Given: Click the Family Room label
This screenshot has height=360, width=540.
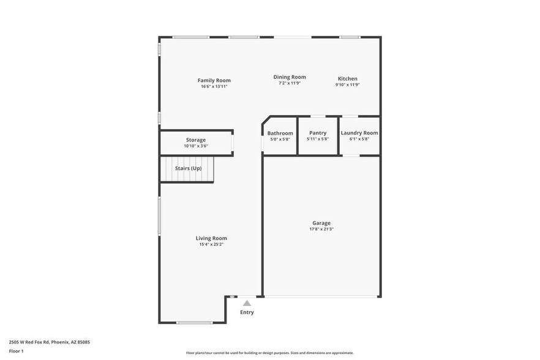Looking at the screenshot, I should pos(214,80).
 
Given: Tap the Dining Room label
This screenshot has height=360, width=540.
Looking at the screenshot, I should pos(290,77).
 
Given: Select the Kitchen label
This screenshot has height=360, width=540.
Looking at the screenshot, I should pos(348,78).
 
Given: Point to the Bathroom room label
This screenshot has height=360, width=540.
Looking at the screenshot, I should pos(280,133).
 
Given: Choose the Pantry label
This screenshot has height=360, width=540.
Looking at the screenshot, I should pos(318,133).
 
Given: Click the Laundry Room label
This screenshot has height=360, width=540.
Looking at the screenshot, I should pos(359,133).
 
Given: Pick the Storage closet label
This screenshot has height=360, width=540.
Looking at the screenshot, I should pos(196,140).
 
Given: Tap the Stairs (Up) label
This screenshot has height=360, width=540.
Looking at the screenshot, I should pos(188,168).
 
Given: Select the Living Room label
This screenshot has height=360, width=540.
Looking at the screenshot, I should pos(211,238).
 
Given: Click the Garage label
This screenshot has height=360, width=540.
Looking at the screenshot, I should pos(321,223).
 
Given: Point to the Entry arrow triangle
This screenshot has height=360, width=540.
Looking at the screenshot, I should pos(247,302).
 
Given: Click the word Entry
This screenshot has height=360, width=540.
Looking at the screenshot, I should pos(247,312).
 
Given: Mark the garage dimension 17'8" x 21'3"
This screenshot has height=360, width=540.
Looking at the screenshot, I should pos(321,230).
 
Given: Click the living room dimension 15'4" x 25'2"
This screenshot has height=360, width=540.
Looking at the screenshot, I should pos(211,244).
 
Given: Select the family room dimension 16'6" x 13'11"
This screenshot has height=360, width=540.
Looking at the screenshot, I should pos(214,86).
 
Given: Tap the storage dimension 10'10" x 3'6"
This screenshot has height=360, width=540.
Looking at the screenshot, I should pos(196,146).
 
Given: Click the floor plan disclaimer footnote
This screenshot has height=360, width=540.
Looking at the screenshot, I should pos(269,353).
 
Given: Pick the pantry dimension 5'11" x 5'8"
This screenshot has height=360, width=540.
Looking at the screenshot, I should pos(318,139).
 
